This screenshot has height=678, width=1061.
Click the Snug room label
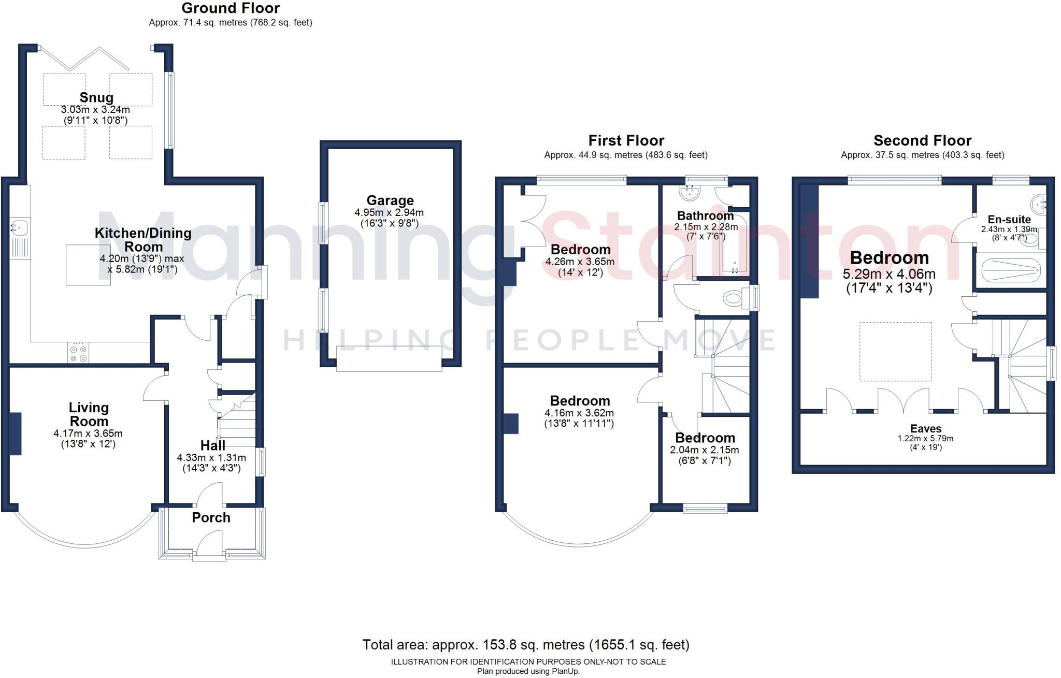tap(96, 97)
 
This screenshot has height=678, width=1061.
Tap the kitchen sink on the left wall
tap(19, 227)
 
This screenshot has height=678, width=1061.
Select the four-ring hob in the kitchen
tap(78, 353)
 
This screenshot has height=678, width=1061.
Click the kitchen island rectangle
tap(88, 265)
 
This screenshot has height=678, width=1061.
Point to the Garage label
tap(390, 200)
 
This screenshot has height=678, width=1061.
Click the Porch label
tap(211, 517)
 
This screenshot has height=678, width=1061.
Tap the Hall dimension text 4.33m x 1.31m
tap(211, 458)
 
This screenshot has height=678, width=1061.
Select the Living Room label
tap(89, 414)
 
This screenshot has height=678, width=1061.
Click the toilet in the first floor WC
tap(734, 298)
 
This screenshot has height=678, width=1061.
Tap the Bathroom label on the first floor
tap(705, 215)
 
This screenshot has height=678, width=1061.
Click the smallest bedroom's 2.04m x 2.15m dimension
tap(705, 450)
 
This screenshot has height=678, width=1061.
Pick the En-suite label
tap(1009, 219)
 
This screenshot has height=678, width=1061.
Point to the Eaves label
tap(925, 428)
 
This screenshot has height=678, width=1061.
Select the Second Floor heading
tap(922, 140)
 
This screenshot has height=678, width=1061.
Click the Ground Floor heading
tap(231, 8)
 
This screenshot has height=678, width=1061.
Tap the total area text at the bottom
tap(525, 645)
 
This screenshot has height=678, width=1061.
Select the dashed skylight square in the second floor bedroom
tap(895, 352)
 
